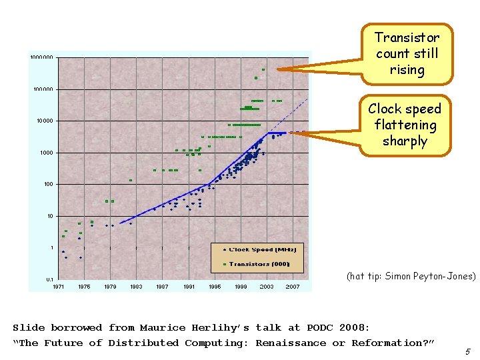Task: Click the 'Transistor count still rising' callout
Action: pos(407,53)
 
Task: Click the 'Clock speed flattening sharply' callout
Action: pos(405,125)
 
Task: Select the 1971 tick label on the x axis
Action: pos(59,287)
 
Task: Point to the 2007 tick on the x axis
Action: pos(293,287)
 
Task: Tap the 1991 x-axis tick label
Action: pos(189,287)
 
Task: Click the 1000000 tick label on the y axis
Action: pos(42,57)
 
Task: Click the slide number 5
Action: pos(468,351)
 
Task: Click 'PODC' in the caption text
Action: pos(322,327)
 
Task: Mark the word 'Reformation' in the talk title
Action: pos(393,343)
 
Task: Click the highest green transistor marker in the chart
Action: pos(263,69)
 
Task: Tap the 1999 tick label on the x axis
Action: pos(241,287)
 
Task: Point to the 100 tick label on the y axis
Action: pos(49,184)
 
